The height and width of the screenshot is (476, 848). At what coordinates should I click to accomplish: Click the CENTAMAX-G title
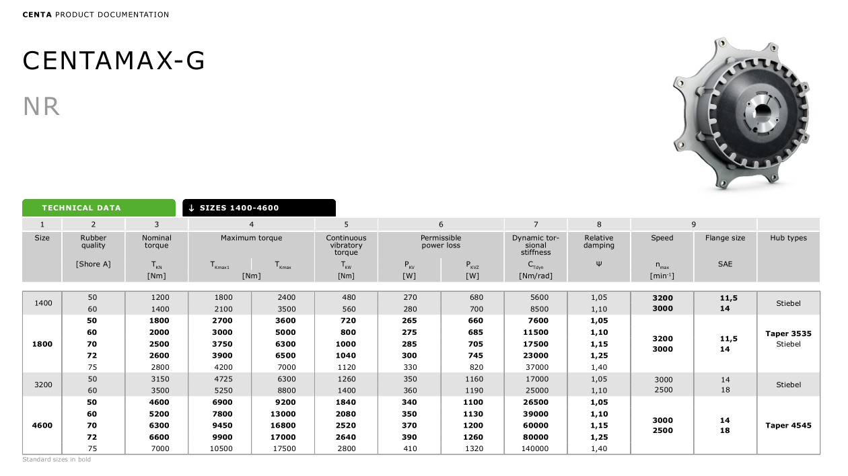click(114, 61)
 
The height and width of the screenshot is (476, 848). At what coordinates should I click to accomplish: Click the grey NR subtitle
click(42, 106)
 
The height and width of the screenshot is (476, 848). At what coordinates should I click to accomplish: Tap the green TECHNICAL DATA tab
click(81, 208)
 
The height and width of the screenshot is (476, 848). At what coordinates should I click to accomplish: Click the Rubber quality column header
click(94, 241)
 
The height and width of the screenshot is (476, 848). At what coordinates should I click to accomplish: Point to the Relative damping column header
click(599, 241)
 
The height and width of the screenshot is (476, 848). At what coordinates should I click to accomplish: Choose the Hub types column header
click(788, 238)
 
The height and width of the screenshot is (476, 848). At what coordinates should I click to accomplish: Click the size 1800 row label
click(42, 344)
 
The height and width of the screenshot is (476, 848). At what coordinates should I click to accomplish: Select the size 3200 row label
click(42, 385)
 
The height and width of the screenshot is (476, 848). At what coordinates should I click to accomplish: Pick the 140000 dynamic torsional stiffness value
click(536, 449)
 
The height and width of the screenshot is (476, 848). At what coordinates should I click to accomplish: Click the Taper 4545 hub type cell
click(788, 426)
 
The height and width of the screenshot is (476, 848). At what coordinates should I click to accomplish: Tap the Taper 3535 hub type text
click(788, 333)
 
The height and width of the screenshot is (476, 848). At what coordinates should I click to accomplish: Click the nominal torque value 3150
click(157, 379)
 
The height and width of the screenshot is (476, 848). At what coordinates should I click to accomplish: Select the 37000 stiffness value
click(536, 368)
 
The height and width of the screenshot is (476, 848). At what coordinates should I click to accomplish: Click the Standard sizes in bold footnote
click(57, 460)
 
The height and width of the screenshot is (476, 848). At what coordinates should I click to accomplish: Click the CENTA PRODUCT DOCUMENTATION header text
click(96, 15)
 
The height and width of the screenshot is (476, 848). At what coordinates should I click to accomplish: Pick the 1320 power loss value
click(472, 449)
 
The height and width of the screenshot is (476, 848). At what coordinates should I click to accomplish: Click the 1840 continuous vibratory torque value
click(346, 403)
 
